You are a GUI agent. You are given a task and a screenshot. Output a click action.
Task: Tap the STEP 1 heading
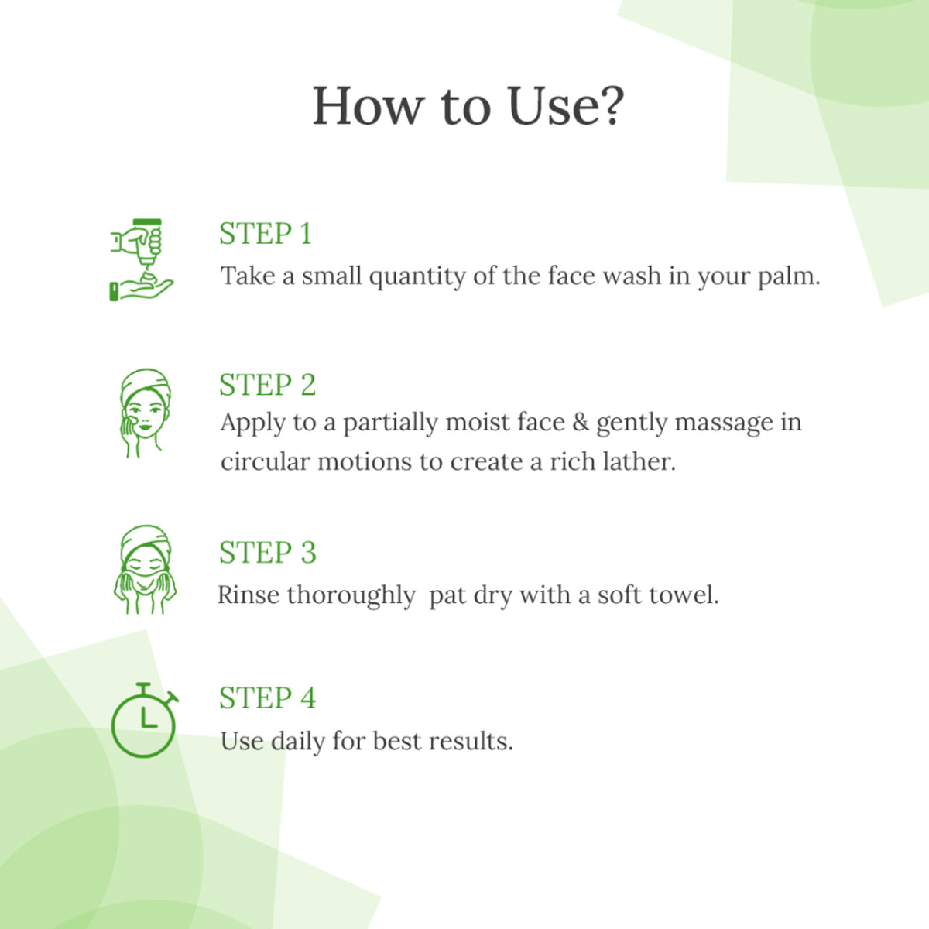coord(266,234)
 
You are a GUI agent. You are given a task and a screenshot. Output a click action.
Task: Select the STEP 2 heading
coord(268,385)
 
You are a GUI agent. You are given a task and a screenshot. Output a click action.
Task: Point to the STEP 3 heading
coord(268,553)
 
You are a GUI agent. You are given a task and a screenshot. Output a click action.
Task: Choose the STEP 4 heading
coord(268,698)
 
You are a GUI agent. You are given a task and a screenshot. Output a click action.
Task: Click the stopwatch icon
coord(144,720)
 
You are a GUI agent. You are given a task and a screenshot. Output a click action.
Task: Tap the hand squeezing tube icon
coord(142,260)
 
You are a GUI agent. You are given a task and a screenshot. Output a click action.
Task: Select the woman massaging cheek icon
coord(145,413)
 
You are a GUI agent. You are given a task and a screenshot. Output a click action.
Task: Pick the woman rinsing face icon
coord(145,569)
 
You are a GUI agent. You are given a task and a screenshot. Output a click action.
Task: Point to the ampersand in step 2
coord(581,423)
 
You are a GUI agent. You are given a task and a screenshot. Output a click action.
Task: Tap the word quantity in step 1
coord(417,277)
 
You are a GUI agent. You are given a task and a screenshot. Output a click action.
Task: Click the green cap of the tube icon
coord(148,221)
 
